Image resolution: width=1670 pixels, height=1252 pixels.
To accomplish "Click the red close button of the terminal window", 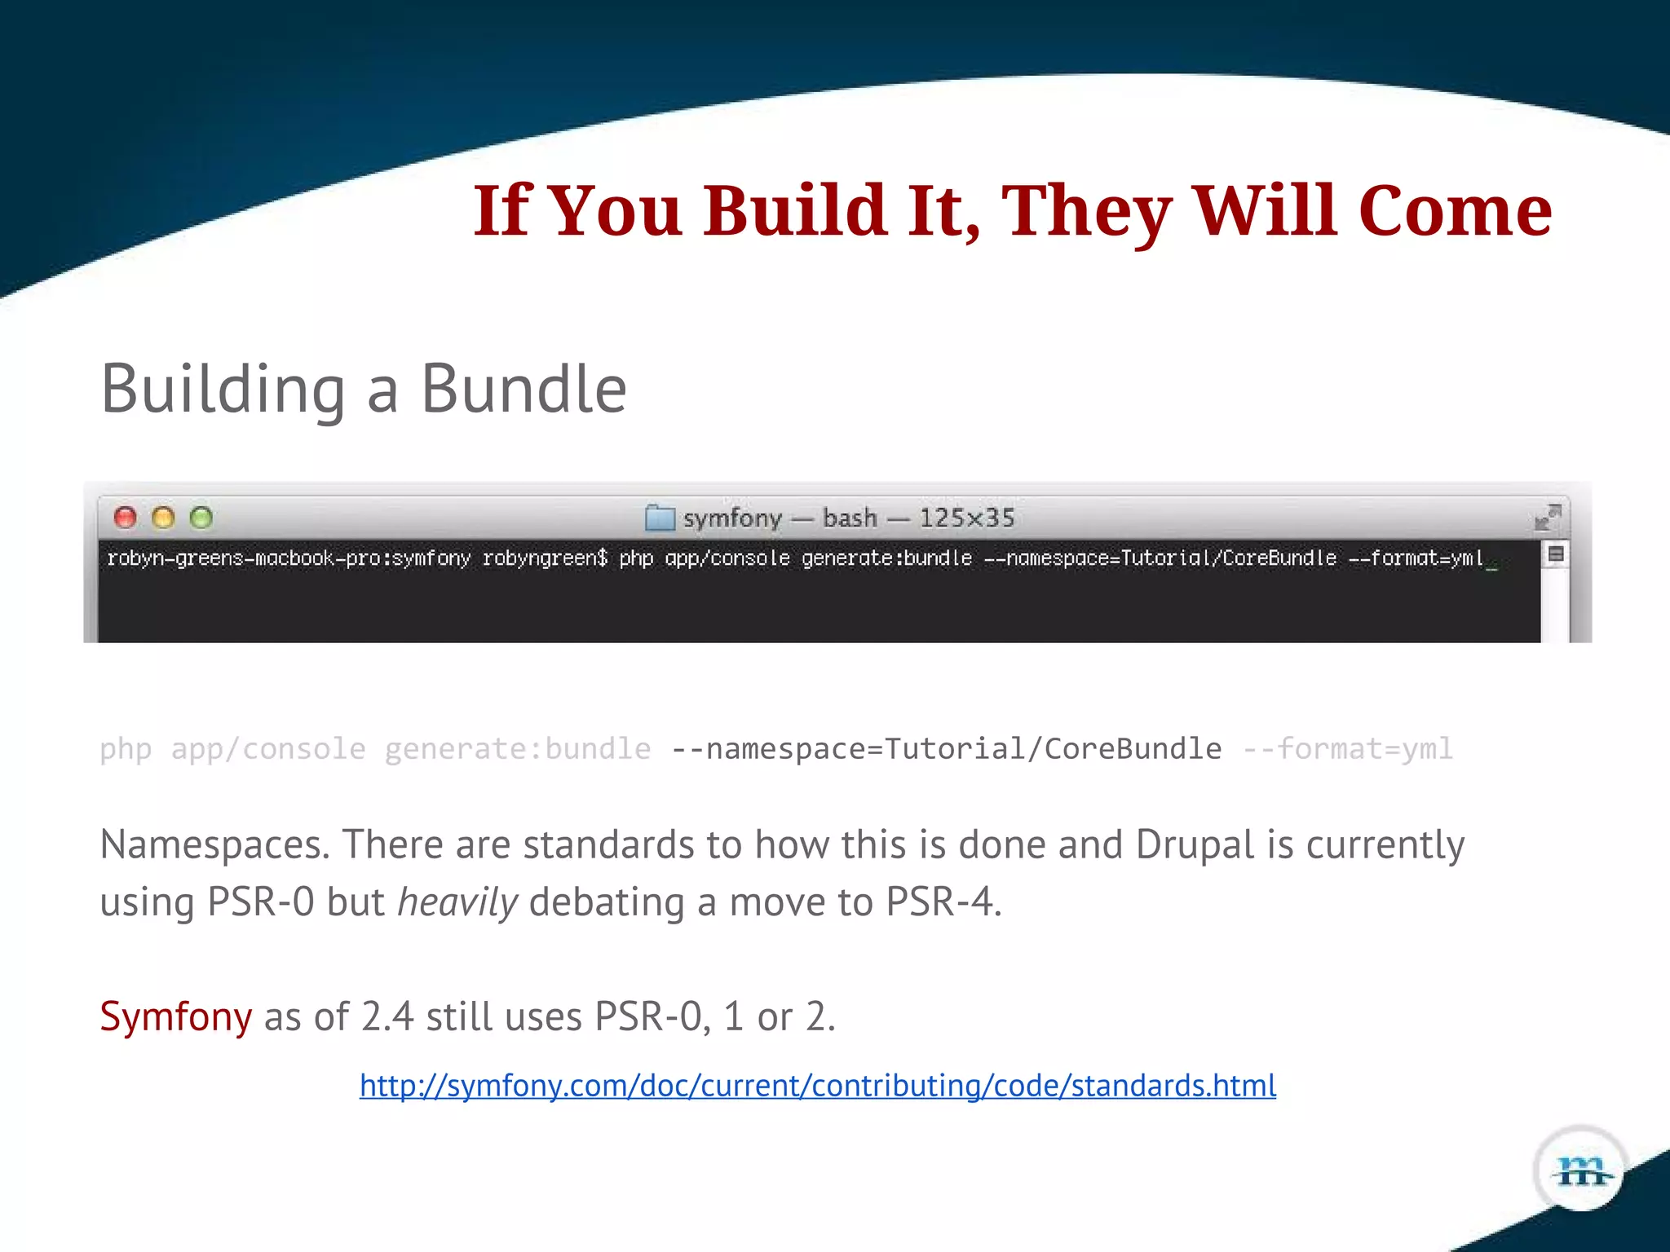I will (x=125, y=518).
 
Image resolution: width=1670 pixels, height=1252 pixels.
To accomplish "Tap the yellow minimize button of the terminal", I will (x=163, y=518).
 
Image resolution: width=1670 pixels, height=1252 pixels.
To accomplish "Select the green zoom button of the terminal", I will (x=201, y=518).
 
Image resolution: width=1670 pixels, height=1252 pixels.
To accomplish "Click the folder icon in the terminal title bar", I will (x=660, y=518).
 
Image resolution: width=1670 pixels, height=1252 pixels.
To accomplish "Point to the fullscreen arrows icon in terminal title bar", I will (x=1547, y=517).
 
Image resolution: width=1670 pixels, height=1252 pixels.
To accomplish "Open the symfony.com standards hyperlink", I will (x=818, y=1086).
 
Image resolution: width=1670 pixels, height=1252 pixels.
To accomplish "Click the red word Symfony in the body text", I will (x=175, y=1016).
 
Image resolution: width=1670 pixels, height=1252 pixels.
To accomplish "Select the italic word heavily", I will (x=457, y=902).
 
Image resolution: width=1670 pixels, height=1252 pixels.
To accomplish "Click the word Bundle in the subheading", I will (x=523, y=389).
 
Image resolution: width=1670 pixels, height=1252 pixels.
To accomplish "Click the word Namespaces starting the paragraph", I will (x=214, y=844).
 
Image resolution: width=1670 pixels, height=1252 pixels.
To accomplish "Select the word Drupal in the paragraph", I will (x=1195, y=844).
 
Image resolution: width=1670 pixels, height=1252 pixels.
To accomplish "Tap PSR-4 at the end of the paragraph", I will (x=942, y=902).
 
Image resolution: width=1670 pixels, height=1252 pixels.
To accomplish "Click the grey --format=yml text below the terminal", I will (x=1347, y=748).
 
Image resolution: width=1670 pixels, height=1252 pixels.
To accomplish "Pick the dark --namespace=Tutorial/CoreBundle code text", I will (x=946, y=748).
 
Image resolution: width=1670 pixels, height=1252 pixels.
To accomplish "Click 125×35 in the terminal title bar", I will (x=966, y=518).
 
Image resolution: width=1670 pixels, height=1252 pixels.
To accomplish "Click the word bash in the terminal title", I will (x=850, y=518).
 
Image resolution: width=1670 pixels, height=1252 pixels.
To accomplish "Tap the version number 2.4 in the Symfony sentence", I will (x=387, y=1016).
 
